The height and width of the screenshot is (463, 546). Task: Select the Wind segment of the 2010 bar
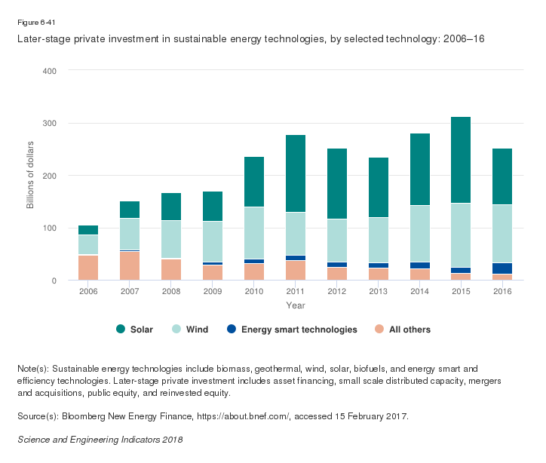click(254, 233)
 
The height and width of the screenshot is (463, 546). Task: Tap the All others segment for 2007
click(130, 265)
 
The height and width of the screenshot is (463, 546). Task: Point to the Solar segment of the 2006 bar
click(88, 230)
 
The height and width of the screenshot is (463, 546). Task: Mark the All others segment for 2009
click(213, 272)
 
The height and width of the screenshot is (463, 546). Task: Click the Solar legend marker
click(121, 330)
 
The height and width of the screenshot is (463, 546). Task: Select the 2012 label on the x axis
click(336, 292)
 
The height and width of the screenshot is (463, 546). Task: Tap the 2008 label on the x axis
click(171, 292)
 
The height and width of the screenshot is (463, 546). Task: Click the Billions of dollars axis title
click(31, 175)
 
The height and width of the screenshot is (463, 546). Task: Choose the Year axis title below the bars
click(295, 305)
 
